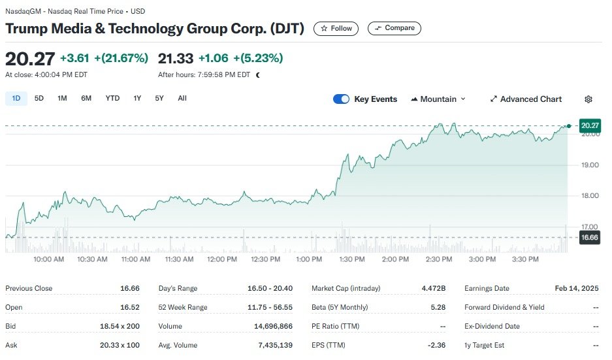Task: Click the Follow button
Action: click(336, 28)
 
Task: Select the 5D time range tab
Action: click(39, 99)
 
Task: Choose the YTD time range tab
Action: click(112, 99)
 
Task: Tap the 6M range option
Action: click(86, 99)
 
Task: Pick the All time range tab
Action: click(182, 99)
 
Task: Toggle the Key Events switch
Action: click(341, 99)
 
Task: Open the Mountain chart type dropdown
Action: click(438, 99)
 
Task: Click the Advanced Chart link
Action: click(526, 99)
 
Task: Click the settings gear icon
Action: click(588, 99)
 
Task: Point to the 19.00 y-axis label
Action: click(590, 165)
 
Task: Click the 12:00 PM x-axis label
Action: click(222, 259)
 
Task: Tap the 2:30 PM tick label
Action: click(438, 259)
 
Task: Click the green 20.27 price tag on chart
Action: click(589, 125)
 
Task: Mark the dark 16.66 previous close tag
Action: click(589, 237)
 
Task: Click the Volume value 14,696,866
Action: click(274, 326)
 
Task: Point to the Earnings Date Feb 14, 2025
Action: click(577, 288)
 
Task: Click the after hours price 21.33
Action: click(175, 58)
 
